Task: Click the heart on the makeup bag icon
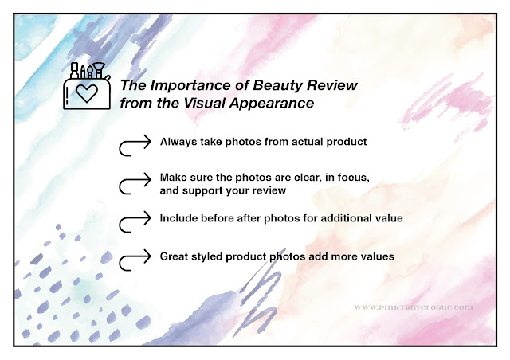(x=87, y=93)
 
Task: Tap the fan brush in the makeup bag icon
(x=98, y=70)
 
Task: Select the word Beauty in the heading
(x=278, y=85)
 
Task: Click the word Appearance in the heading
(x=272, y=104)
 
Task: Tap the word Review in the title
(x=332, y=85)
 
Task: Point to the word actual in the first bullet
(x=308, y=142)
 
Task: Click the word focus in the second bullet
(x=354, y=178)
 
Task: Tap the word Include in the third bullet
(x=178, y=218)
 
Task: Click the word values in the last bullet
(x=379, y=256)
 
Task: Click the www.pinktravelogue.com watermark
(x=414, y=307)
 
